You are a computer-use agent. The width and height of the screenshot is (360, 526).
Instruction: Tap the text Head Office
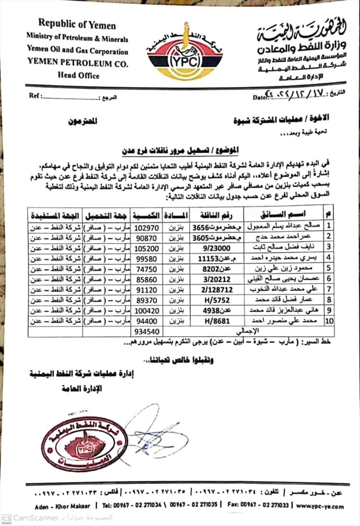tap(78, 75)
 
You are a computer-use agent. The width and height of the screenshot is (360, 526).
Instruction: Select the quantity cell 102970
tap(147, 225)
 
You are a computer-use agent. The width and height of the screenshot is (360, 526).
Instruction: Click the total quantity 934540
tap(147, 331)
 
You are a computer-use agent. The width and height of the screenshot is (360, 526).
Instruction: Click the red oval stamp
tap(85, 443)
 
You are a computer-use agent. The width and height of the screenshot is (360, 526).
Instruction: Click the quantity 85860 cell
tap(147, 279)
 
